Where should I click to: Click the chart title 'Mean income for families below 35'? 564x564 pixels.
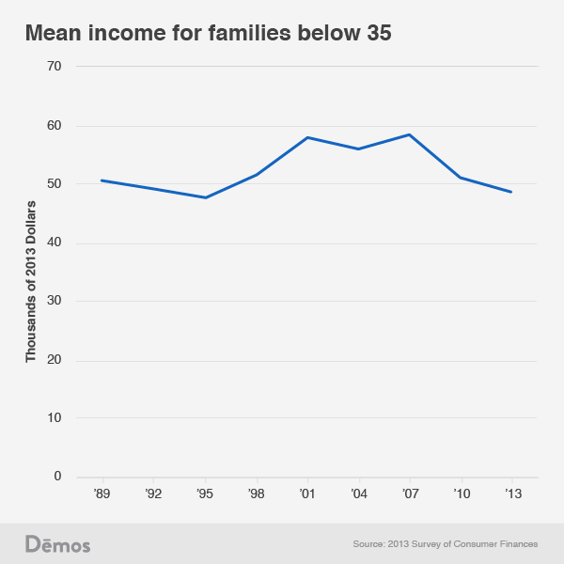coord(208,33)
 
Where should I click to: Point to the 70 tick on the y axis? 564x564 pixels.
coord(54,67)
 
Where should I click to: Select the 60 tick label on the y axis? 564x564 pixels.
coord(54,125)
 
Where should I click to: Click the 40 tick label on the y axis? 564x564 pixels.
coord(54,243)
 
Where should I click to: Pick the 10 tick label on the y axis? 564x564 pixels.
coord(54,418)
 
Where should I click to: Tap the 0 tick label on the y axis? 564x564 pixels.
coord(57,477)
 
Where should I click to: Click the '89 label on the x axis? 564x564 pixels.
coord(102,493)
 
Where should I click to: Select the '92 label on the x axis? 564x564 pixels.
coord(152,493)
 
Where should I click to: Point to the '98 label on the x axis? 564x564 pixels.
coord(256,493)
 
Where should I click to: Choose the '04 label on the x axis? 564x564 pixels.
coord(358,493)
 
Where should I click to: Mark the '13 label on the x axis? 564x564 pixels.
coord(511,493)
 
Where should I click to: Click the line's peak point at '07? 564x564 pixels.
coord(409,134)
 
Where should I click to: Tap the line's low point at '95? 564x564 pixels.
coord(205,197)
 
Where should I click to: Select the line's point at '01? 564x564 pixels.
coord(307,137)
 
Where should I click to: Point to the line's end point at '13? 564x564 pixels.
coord(511,192)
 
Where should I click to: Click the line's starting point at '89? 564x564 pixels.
coord(102,180)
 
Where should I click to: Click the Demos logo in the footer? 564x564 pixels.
coord(57,543)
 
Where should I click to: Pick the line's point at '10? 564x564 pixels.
coord(461,178)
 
